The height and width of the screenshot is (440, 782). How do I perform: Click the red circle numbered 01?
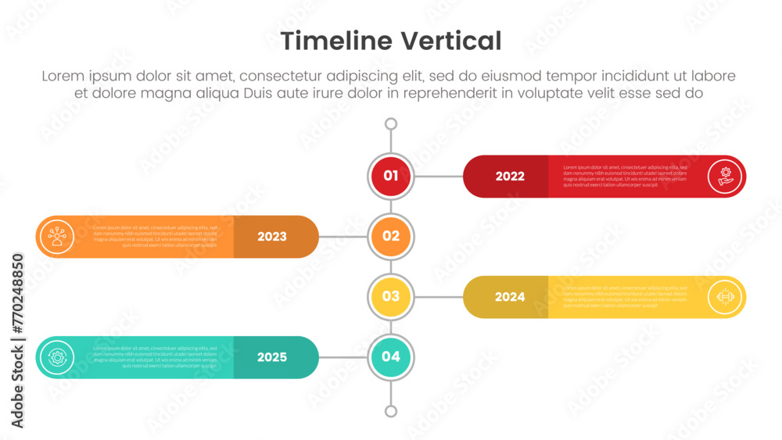[x=391, y=176]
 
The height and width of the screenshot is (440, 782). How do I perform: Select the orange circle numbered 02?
[x=391, y=236]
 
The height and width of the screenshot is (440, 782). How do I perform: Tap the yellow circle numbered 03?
[x=391, y=296]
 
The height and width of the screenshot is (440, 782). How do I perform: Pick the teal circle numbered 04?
[x=391, y=357]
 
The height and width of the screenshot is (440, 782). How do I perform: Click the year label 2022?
[x=510, y=177]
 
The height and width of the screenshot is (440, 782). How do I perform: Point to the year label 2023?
[x=272, y=237]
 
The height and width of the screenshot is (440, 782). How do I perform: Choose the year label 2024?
[x=510, y=297]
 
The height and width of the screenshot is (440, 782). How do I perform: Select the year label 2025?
[x=272, y=357]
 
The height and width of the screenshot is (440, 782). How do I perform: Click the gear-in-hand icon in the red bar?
[x=725, y=176]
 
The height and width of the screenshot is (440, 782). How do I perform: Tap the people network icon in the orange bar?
[x=57, y=236]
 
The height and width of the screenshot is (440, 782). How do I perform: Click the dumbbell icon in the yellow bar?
[x=725, y=297]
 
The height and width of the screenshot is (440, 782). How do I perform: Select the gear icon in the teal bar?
[x=57, y=357]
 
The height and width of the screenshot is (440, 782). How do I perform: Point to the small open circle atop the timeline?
[x=391, y=123]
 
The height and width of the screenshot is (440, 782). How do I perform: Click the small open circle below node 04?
[x=391, y=411]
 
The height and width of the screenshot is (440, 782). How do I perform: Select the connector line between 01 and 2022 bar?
[x=438, y=177]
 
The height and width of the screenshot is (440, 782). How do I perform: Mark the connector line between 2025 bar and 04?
[x=343, y=357]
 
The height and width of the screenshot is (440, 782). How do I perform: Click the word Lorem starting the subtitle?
[x=63, y=77]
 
